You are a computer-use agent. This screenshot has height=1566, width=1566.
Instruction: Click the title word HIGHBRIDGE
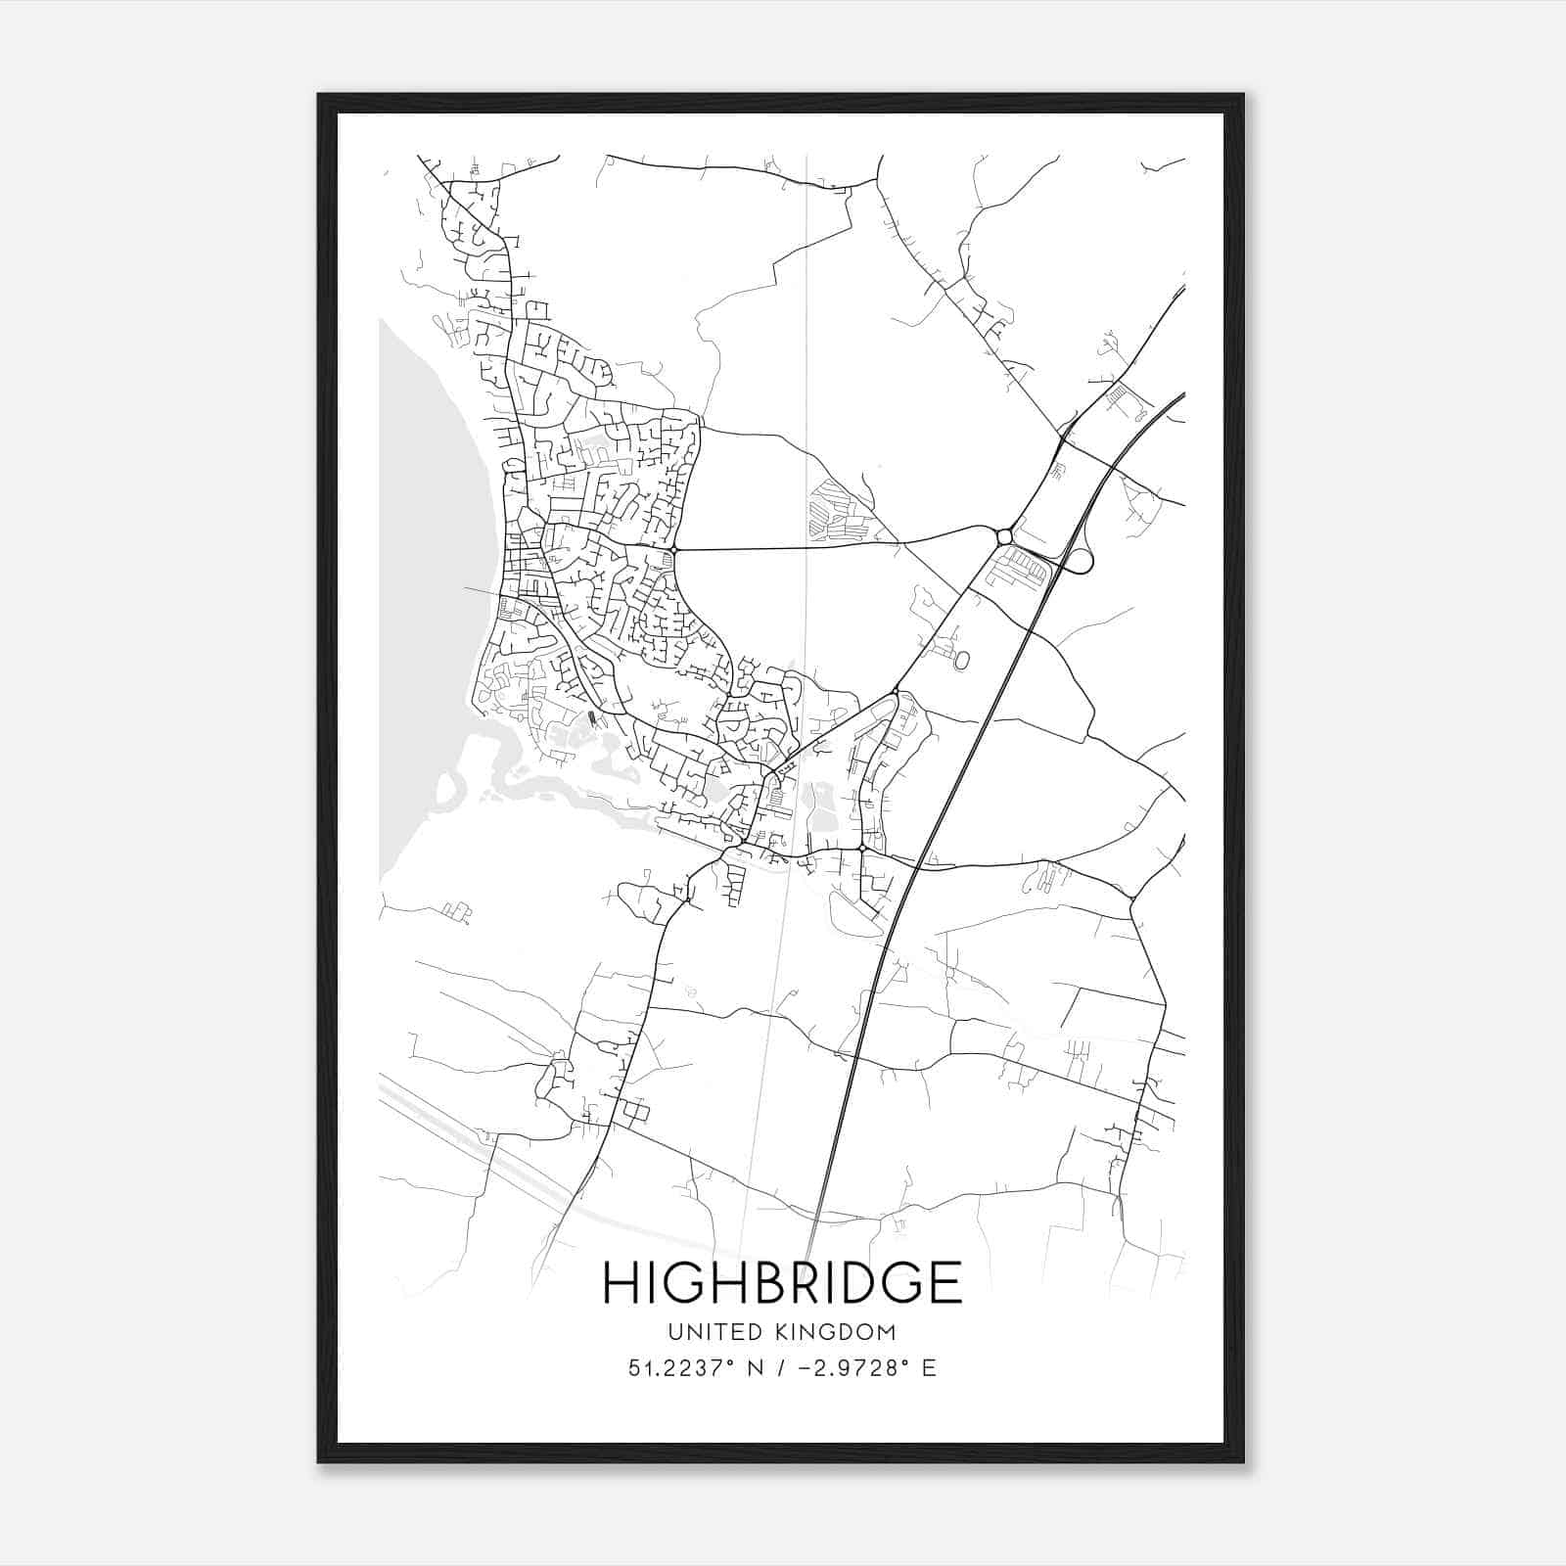tap(782, 1283)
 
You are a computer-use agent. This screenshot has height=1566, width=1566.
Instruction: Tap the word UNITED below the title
tap(699, 1332)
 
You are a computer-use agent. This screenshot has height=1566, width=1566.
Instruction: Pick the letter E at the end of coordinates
tap(929, 1368)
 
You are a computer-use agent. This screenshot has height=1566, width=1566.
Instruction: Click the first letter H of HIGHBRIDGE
tap(621, 1283)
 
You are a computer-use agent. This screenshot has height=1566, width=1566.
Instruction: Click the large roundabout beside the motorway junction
tap(1003, 536)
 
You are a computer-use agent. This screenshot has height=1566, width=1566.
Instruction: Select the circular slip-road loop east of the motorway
tap(1080, 561)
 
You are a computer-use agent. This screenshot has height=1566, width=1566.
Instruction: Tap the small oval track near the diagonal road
tap(961, 662)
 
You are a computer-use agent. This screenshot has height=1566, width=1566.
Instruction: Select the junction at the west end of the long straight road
tap(675, 550)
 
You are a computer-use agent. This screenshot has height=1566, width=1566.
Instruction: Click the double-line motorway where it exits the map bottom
tap(810, 1243)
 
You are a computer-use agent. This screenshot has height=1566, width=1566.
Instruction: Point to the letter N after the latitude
tap(754, 1368)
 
